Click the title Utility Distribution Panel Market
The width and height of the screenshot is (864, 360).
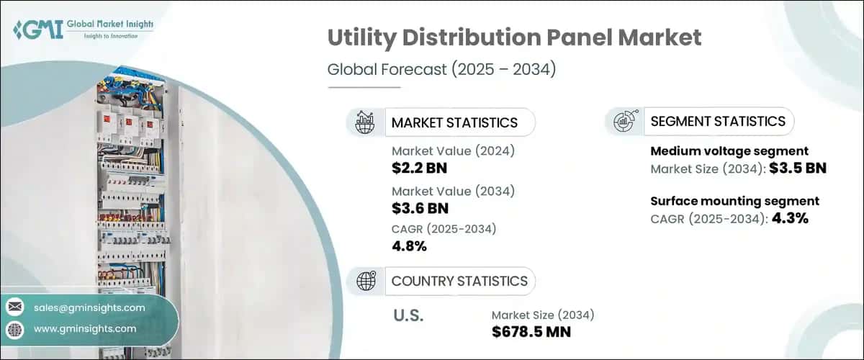pos(514,38)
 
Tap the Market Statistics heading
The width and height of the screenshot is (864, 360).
pos(454,122)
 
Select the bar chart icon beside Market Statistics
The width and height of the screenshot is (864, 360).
pos(365,122)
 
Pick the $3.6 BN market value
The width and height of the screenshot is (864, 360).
pos(420,209)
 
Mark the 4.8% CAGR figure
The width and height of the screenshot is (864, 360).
pos(410,246)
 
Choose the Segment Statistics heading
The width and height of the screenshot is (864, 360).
pos(718,121)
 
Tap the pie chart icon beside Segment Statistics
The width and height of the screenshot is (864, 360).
pos(624,122)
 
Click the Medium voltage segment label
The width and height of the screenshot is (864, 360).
pos(729,151)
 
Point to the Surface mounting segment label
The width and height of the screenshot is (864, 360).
pos(734,201)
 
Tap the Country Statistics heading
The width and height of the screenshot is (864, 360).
pos(459,281)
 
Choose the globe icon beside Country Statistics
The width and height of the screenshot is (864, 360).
pos(365,281)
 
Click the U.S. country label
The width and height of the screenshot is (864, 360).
pos(408,315)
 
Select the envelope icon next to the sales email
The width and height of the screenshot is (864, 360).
pos(14,307)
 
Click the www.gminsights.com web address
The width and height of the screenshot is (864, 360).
pos(85,329)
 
